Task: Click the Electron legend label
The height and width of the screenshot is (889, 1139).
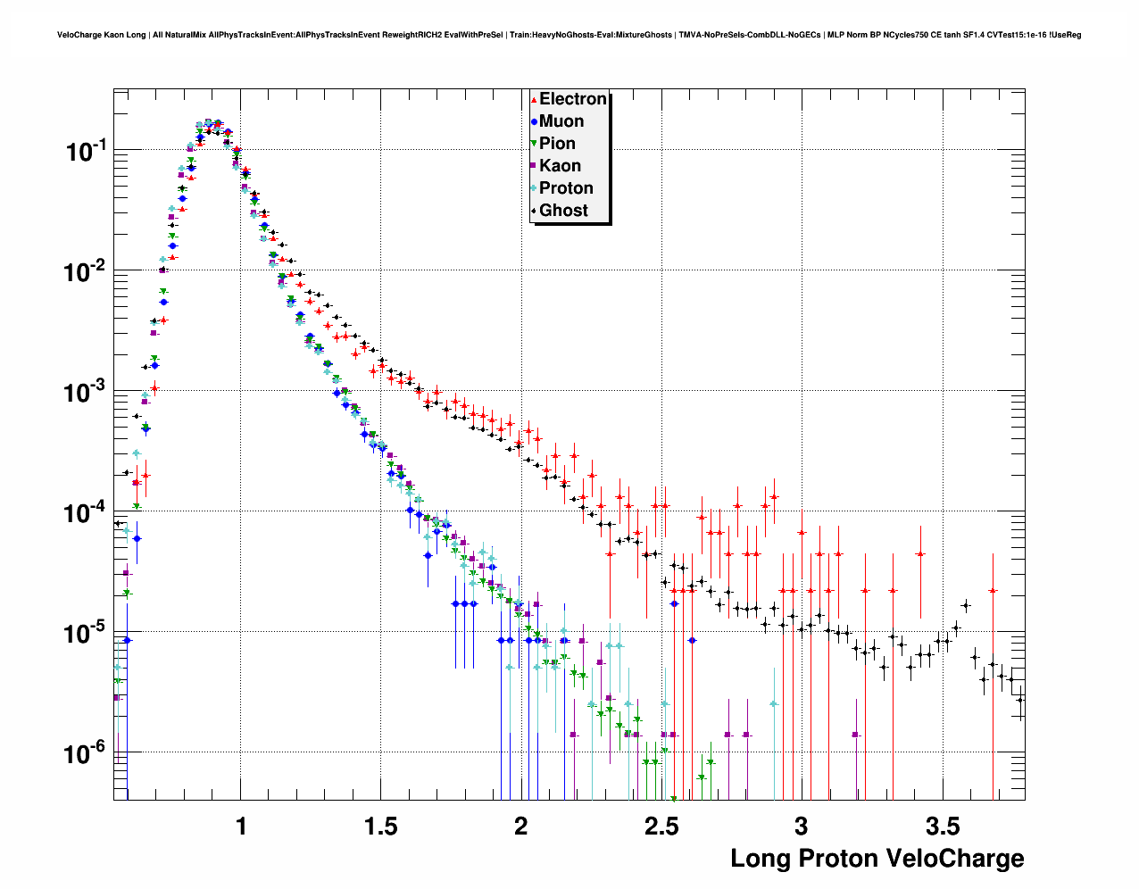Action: pyautogui.click(x=573, y=99)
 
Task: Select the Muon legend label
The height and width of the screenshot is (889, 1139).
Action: pyautogui.click(x=561, y=121)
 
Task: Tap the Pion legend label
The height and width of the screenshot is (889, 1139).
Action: pyautogui.click(x=557, y=144)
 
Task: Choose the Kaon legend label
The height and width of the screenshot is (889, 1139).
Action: pyautogui.click(x=560, y=166)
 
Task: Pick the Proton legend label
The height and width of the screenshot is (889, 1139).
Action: pyautogui.click(x=566, y=188)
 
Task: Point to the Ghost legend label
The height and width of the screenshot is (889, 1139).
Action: pyautogui.click(x=563, y=211)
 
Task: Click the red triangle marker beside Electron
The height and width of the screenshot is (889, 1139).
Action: pyautogui.click(x=534, y=100)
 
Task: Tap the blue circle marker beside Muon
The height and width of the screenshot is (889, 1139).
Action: pyautogui.click(x=534, y=121)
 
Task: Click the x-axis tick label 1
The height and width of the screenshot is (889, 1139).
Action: pyautogui.click(x=241, y=827)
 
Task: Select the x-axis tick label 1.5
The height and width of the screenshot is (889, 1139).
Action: pyautogui.click(x=381, y=827)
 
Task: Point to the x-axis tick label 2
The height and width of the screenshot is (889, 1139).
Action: pyautogui.click(x=521, y=827)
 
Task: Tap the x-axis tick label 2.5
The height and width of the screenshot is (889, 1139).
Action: pyautogui.click(x=661, y=827)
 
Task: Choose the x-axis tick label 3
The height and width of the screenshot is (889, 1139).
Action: pyautogui.click(x=802, y=827)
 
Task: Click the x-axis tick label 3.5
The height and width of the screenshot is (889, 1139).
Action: pyautogui.click(x=942, y=827)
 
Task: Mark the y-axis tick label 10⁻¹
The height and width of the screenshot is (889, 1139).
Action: pyautogui.click(x=86, y=151)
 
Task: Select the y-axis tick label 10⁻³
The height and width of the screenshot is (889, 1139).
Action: pyautogui.click(x=86, y=392)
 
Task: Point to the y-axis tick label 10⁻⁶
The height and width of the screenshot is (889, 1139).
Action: pyautogui.click(x=86, y=753)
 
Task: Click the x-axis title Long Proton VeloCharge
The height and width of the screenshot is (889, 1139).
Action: pyautogui.click(x=877, y=859)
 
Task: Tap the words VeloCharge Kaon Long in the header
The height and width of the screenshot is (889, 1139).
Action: pyautogui.click(x=101, y=35)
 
